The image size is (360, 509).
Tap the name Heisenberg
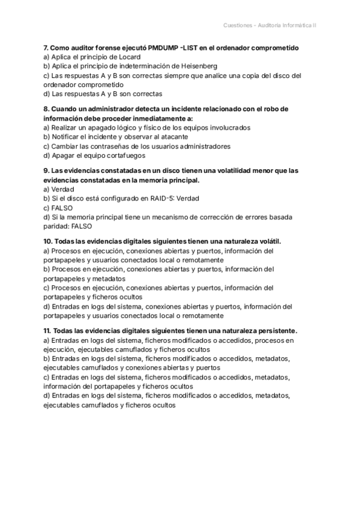pos(195,66)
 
